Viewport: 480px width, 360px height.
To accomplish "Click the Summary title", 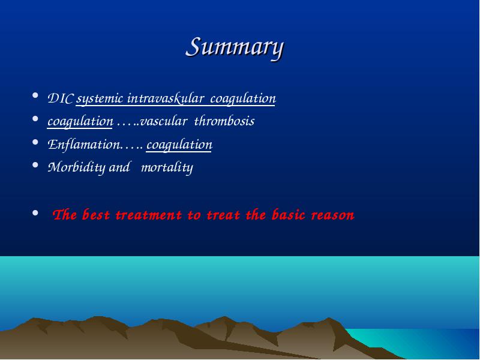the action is pos(235,48).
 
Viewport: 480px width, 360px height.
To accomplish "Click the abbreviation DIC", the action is pos(61,98).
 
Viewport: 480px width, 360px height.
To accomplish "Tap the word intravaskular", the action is pos(166,98).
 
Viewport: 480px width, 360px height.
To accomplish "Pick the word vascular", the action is pos(163,121).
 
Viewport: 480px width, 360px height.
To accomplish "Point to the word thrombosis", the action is pos(224,121).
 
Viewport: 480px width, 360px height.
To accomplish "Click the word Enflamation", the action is pos(84,145).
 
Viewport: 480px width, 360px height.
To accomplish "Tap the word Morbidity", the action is pos(77,167).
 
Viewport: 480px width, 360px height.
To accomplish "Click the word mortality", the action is pos(167,167).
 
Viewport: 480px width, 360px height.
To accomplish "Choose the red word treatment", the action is pos(149,215).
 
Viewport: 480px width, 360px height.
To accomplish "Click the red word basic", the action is pos(289,215).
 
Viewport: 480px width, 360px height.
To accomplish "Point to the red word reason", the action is pos(333,215).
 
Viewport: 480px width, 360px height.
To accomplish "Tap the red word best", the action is pos(95,215).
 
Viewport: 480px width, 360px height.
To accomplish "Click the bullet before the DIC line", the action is pos(35,95).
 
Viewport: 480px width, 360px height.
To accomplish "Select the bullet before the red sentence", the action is pos(35,212).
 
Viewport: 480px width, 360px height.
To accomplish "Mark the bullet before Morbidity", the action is pos(35,165).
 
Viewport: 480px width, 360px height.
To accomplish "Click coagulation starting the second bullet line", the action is pos(80,122).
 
